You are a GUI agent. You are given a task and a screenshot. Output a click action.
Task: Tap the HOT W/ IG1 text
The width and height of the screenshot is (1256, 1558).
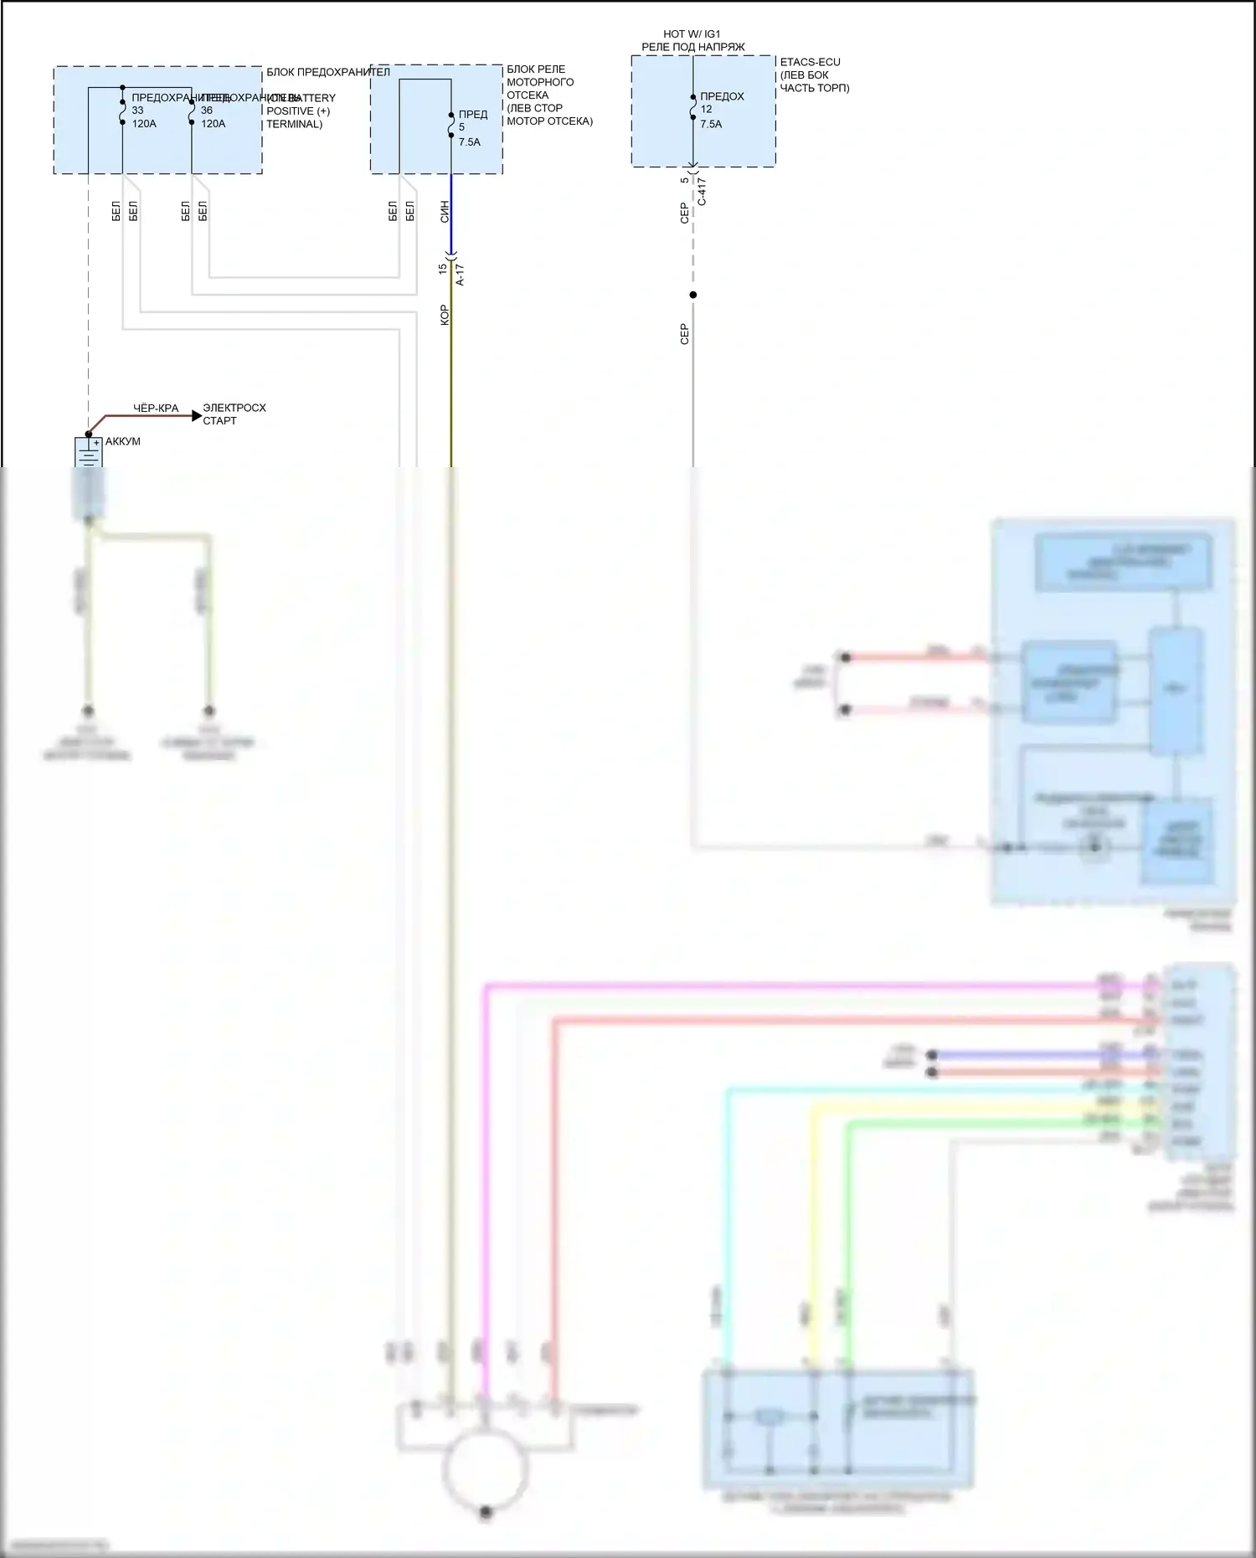tap(692, 34)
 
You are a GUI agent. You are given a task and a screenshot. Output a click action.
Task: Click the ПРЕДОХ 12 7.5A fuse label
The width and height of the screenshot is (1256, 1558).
tap(721, 110)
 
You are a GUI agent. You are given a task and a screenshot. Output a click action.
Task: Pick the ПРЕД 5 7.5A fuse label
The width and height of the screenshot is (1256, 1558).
tap(471, 128)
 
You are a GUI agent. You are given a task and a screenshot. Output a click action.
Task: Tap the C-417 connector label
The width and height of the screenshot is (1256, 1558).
tap(702, 191)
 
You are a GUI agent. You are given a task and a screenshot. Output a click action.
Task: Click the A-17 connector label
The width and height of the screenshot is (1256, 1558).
tap(460, 275)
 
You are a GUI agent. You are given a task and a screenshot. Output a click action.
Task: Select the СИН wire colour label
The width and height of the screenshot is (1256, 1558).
tap(445, 211)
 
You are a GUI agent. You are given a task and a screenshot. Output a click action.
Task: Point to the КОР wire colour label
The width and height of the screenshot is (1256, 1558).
tap(445, 315)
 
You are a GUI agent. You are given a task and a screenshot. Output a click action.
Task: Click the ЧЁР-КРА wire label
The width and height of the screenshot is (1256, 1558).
tap(156, 409)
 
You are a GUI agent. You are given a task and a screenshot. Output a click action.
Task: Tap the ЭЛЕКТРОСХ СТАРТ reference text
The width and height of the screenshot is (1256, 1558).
tap(234, 414)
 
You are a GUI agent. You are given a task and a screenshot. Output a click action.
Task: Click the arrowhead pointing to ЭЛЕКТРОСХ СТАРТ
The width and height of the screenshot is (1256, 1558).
tap(197, 415)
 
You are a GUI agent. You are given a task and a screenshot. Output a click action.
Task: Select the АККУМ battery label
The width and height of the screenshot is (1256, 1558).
tap(123, 441)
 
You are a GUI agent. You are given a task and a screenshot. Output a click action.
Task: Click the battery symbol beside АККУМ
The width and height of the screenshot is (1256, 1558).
tap(88, 452)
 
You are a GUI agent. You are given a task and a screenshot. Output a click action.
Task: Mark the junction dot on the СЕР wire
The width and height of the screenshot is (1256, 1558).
tap(692, 295)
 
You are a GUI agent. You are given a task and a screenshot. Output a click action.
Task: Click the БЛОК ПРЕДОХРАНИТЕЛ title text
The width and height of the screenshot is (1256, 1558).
tap(328, 72)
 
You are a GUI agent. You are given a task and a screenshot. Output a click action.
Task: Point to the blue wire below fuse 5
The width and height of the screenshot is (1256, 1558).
tap(451, 213)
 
